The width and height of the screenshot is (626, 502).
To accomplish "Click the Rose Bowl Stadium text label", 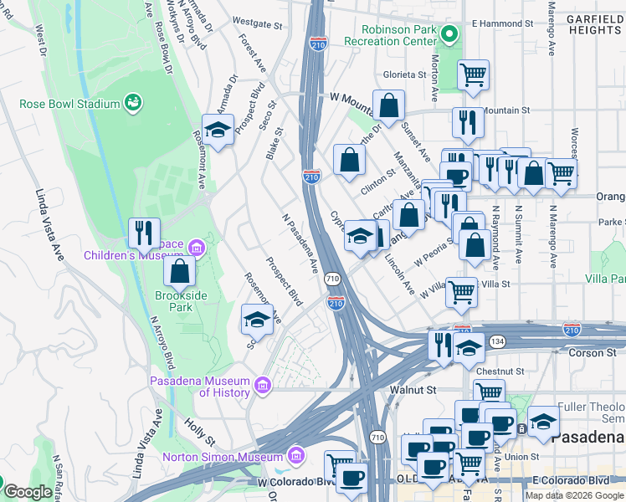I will click(x=70, y=104).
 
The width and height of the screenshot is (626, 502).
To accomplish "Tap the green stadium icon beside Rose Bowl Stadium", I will click(x=132, y=104).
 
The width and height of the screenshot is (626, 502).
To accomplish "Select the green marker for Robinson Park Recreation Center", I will click(x=449, y=34).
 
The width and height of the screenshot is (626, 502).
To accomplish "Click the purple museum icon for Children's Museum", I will click(x=197, y=247).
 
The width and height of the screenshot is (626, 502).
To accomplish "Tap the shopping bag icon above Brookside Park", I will click(x=179, y=271).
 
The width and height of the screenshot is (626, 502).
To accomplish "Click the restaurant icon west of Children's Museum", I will click(x=144, y=233).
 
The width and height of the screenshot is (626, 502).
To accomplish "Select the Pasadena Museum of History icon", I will click(x=263, y=386).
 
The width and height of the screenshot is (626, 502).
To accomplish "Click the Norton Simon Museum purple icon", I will click(x=294, y=457).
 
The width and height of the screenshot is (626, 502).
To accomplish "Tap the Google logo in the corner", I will click(x=27, y=492).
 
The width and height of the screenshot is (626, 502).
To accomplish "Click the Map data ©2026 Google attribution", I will click(x=574, y=495).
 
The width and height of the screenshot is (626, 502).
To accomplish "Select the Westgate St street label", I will click(x=253, y=23).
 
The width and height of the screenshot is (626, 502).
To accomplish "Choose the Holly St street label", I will click(x=200, y=433).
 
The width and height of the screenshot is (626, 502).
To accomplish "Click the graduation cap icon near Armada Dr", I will click(x=218, y=130).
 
